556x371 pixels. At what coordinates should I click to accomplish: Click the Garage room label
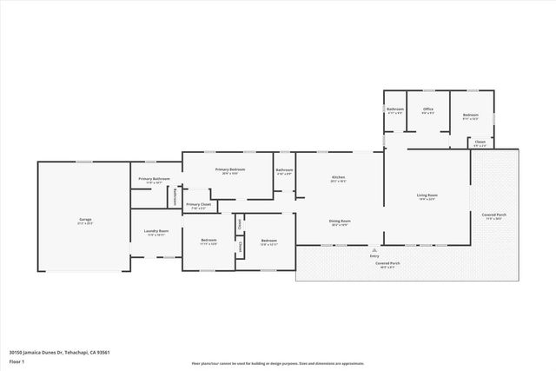85,219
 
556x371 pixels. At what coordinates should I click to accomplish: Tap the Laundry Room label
156,231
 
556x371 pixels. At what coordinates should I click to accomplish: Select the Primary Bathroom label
155,179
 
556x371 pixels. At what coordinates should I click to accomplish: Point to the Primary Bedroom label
230,169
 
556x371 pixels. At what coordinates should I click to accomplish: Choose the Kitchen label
339,179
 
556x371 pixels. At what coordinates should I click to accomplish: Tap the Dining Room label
339,221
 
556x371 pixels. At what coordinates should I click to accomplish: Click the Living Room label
426,195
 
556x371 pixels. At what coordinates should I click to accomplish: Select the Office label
427,109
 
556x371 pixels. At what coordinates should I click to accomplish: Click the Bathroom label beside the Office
395,109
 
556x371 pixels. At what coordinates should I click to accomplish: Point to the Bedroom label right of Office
470,114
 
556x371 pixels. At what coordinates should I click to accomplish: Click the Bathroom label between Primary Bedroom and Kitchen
284,169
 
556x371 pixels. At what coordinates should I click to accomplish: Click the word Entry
374,255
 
